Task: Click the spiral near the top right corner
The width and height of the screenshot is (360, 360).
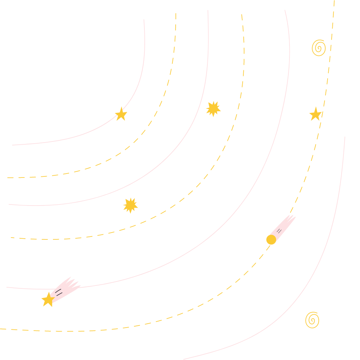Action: [x=319, y=48]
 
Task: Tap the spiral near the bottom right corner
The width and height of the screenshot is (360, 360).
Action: [x=312, y=320]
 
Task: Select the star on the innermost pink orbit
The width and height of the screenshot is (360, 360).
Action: [x=121, y=114]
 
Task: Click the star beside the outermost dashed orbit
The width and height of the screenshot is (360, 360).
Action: [x=315, y=114]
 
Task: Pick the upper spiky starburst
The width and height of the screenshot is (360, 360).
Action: [x=213, y=109]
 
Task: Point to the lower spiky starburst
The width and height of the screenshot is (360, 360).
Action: [x=130, y=205]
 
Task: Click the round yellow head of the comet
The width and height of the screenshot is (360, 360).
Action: [x=271, y=239]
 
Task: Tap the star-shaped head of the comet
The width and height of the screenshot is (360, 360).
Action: [x=48, y=300]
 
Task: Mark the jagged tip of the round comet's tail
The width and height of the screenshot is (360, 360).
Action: [x=292, y=217]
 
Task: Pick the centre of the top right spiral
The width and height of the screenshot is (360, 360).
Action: [x=319, y=48]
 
